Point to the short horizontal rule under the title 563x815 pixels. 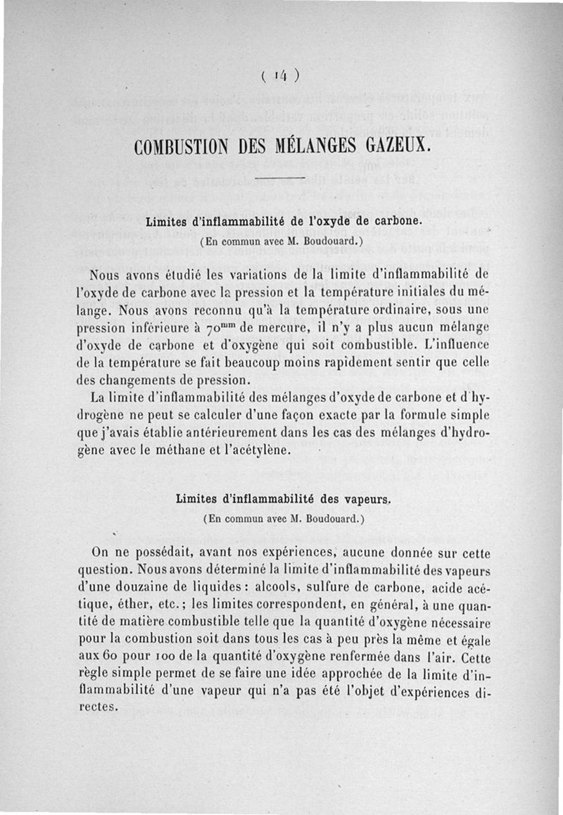coord(280,178)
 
